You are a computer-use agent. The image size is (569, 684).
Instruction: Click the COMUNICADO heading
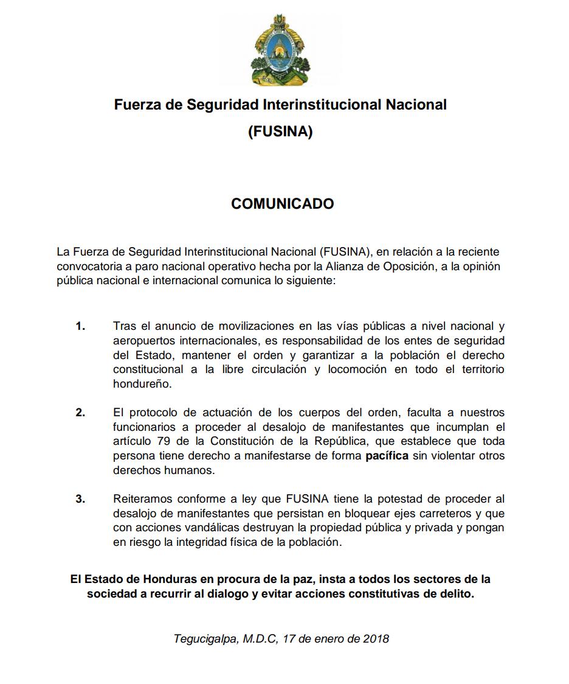[282, 204]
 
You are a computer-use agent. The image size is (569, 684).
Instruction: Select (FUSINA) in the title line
[280, 131]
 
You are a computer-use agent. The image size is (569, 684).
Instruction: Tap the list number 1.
[80, 326]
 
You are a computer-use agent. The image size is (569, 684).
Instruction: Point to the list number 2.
[80, 413]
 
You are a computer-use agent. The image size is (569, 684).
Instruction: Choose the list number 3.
[80, 500]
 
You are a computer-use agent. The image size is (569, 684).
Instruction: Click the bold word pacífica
[387, 456]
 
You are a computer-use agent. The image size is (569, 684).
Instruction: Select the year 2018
[376, 639]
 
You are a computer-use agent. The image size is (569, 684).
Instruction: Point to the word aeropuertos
[140, 341]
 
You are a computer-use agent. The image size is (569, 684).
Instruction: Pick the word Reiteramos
[141, 500]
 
